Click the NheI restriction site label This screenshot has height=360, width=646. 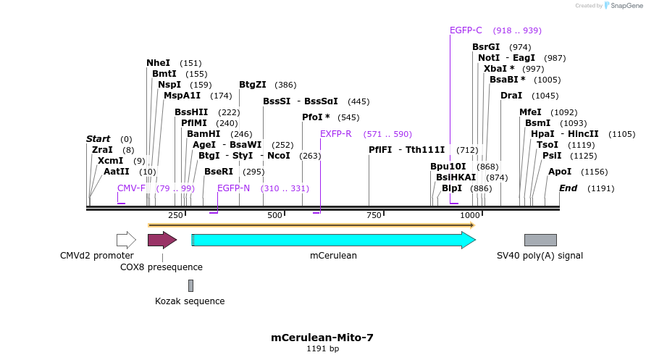[158, 63]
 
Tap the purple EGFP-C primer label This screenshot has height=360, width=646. [466, 30]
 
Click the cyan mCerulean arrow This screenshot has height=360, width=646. [333, 240]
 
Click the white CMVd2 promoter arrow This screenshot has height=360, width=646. [126, 240]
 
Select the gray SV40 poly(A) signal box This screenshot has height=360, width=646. [540, 240]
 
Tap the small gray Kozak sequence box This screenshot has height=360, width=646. [190, 285]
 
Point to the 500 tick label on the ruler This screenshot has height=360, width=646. [274, 215]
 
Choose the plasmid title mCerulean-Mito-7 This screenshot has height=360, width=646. [322, 338]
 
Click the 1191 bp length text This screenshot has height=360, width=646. [322, 349]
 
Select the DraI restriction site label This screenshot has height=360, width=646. [511, 96]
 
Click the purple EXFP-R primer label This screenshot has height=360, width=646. [335, 134]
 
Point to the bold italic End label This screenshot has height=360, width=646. [568, 188]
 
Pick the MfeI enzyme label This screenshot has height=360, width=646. [530, 112]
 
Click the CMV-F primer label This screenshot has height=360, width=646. [131, 188]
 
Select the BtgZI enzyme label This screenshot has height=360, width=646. [253, 85]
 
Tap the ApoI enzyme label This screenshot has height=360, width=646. [560, 172]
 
